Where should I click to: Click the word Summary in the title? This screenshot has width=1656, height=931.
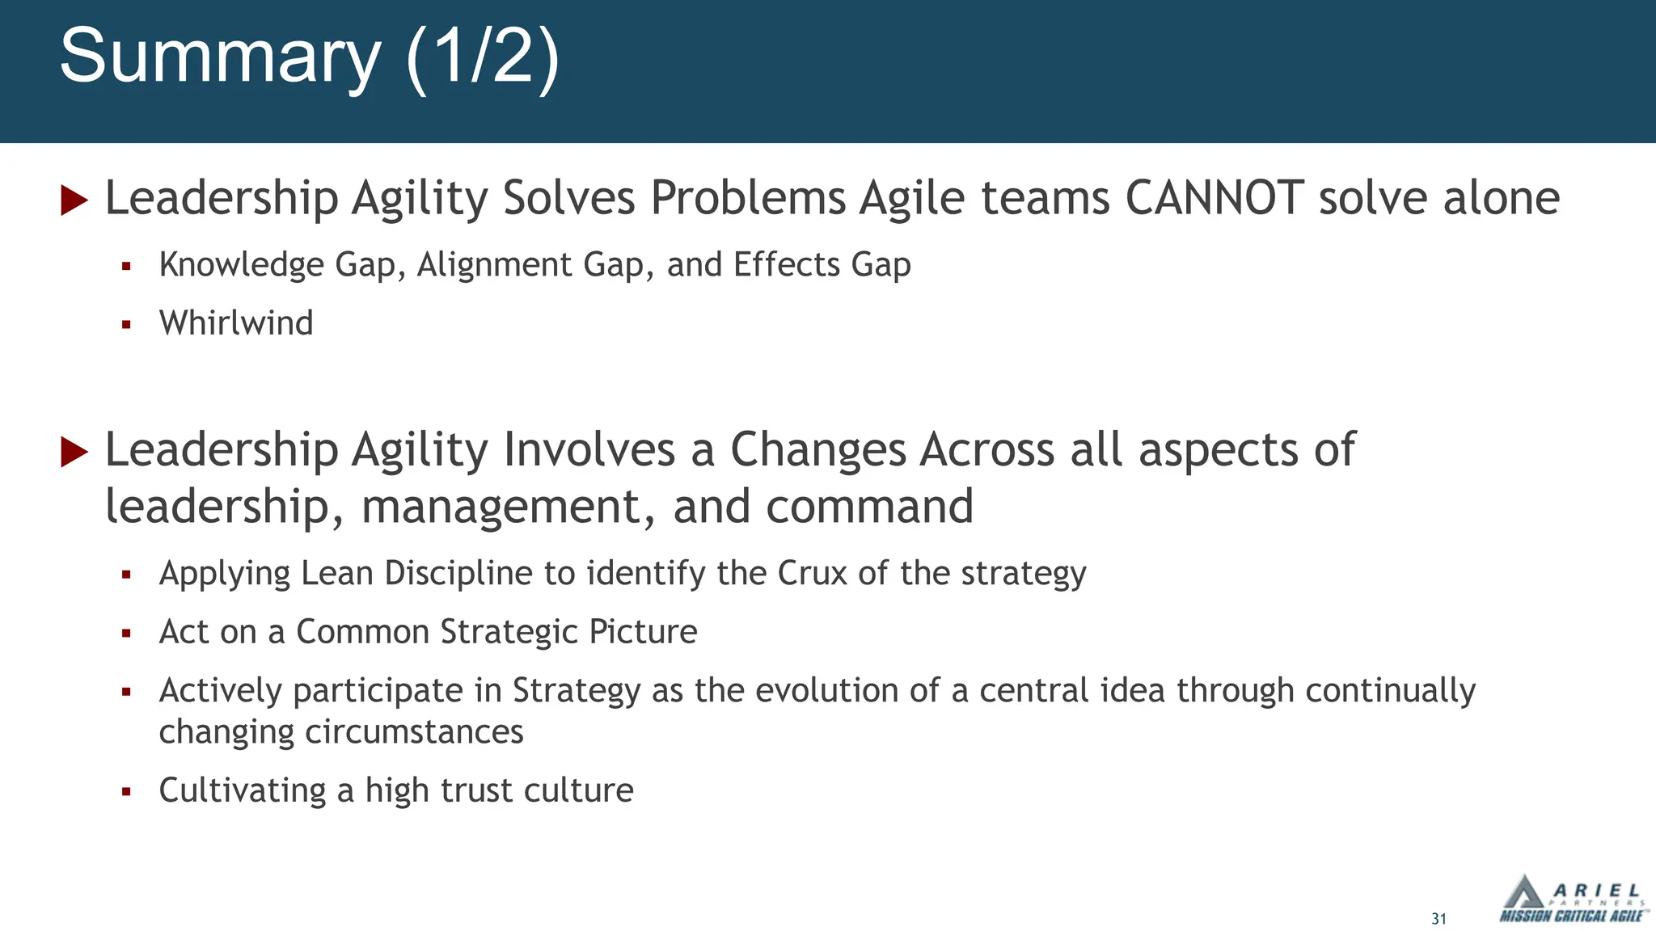click(219, 57)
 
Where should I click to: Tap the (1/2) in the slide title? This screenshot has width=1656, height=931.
click(482, 57)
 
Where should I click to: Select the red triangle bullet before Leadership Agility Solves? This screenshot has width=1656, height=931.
click(74, 200)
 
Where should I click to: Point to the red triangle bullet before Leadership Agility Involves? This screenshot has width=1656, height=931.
click(74, 451)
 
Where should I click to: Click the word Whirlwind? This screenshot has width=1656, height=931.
click(236, 323)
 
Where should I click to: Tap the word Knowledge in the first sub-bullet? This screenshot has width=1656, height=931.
click(241, 265)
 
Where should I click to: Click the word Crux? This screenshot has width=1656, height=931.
click(812, 573)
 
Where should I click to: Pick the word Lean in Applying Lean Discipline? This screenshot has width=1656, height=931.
click(337, 573)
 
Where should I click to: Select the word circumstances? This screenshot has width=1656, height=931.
click(414, 732)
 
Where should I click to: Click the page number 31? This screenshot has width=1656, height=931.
click(1438, 919)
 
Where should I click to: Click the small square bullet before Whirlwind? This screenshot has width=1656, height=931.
click(126, 324)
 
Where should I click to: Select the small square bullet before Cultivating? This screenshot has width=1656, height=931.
click(126, 791)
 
